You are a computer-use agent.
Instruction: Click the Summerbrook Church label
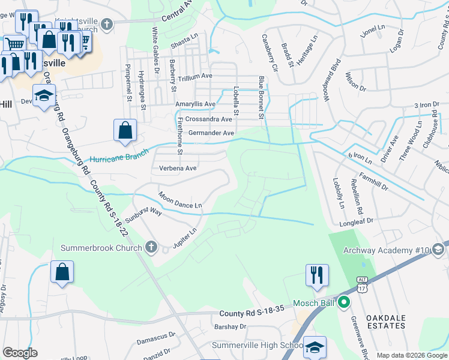point(101,248)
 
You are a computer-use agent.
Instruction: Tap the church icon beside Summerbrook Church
point(151,247)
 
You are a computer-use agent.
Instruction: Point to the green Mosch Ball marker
point(344,302)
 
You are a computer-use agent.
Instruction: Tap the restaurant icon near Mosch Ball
point(315,275)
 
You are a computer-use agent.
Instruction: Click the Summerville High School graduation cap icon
point(315,347)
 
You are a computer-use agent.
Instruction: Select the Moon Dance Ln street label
point(180,200)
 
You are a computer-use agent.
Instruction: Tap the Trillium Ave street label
point(193,76)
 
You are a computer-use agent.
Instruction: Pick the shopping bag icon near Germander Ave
point(125,130)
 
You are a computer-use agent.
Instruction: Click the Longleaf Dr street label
point(357,221)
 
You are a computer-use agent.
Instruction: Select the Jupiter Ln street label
point(185,239)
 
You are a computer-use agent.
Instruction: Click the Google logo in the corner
point(20,353)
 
